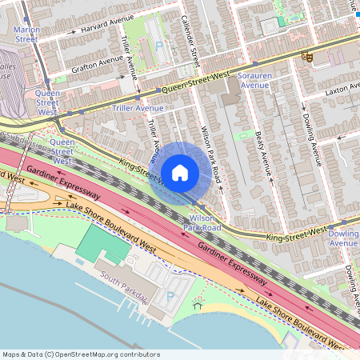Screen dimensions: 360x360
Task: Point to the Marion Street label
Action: (26, 34)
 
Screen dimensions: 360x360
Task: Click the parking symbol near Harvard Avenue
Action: (158, 47)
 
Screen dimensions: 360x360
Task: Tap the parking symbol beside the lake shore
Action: (170, 297)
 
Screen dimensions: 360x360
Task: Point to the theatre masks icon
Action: (306, 58)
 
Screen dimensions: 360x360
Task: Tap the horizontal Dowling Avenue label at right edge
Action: (344, 238)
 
